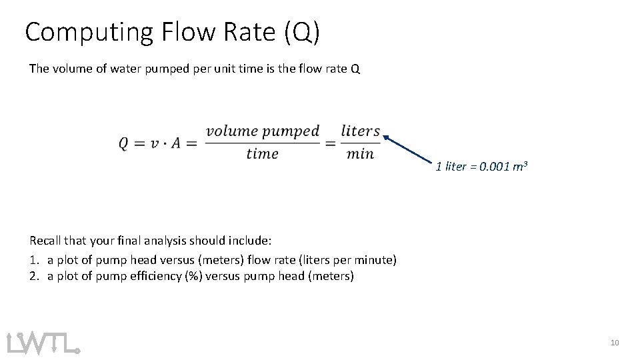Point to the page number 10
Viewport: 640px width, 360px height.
click(x=614, y=343)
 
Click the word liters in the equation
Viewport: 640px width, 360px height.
click(x=360, y=131)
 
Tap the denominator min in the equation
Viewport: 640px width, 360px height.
click(x=360, y=155)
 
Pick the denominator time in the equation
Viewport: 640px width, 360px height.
click(x=262, y=155)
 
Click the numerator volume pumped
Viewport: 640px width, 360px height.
click(x=263, y=131)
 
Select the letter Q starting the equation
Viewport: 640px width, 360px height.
click(x=125, y=143)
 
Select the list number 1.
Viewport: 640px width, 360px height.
click(x=33, y=259)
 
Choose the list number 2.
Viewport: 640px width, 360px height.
click(x=33, y=276)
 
